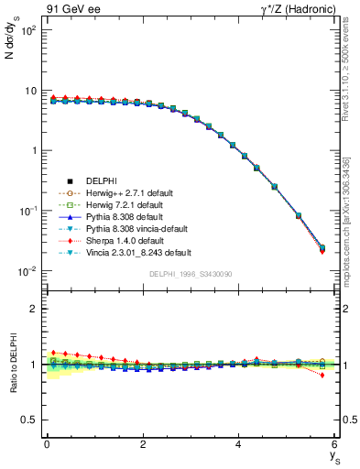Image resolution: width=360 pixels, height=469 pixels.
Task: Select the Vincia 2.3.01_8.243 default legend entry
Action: [x=140, y=252]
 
